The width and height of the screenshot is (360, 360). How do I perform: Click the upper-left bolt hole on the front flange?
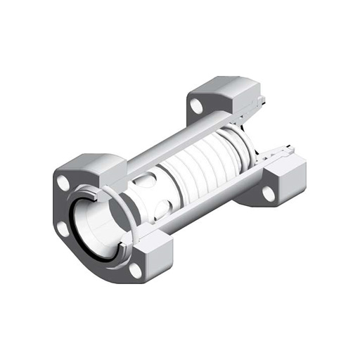point(64,182)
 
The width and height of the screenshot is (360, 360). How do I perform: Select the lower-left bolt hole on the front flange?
point(63,227)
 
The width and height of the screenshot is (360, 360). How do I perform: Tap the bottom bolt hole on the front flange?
point(136,268)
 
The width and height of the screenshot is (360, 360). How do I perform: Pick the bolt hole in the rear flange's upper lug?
point(197,107)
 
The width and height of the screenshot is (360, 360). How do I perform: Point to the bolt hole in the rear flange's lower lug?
point(269,193)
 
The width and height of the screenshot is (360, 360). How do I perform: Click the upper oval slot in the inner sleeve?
point(143,182)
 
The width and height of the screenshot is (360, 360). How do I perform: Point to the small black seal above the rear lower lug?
point(278,151)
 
